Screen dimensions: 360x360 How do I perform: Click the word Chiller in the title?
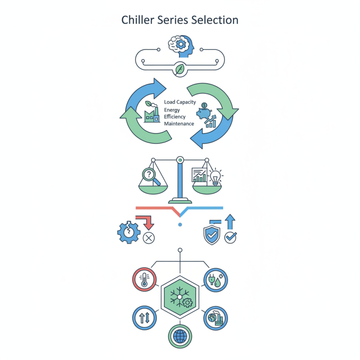(x=136, y=20)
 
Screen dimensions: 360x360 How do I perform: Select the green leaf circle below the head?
(x=180, y=69)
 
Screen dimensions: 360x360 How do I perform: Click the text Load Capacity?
(x=180, y=102)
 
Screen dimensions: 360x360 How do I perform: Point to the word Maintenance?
(x=179, y=123)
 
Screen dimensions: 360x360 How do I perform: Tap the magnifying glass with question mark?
(x=151, y=175)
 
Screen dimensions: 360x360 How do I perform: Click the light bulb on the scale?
(x=215, y=176)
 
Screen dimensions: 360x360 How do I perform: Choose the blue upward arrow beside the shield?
(x=230, y=222)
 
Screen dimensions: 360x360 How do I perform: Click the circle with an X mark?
(x=148, y=238)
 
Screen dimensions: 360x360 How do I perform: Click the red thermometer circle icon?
(x=144, y=279)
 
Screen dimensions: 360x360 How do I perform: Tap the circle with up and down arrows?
(x=144, y=318)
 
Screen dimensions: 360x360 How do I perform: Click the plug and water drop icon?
(x=215, y=279)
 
